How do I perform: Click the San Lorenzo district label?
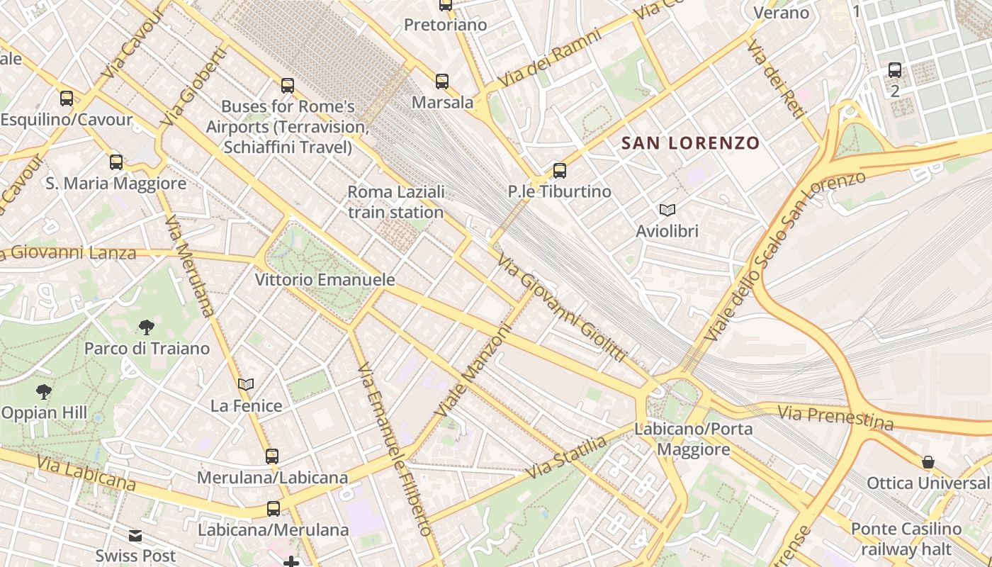coord(690,143)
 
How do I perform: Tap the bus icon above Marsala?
coord(442,82)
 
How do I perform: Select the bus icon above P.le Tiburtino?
coord(560,171)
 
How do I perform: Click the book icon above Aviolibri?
coord(667,210)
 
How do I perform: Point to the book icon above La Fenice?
coord(246,385)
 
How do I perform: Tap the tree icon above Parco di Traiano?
coord(147,327)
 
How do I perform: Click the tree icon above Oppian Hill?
coord(44,391)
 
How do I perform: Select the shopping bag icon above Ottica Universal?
coord(928,463)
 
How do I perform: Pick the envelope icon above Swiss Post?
coord(135,536)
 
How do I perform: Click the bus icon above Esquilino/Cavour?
coord(67,99)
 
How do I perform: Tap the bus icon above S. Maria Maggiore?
coord(116,162)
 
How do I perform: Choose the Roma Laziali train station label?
coord(395,202)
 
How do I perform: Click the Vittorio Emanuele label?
coord(325,280)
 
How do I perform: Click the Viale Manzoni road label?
coord(473,371)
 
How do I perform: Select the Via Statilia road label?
coord(566,458)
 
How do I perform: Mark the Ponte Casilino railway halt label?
coord(906,539)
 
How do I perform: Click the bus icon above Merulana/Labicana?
coord(272,456)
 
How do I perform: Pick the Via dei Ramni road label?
coord(549,59)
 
